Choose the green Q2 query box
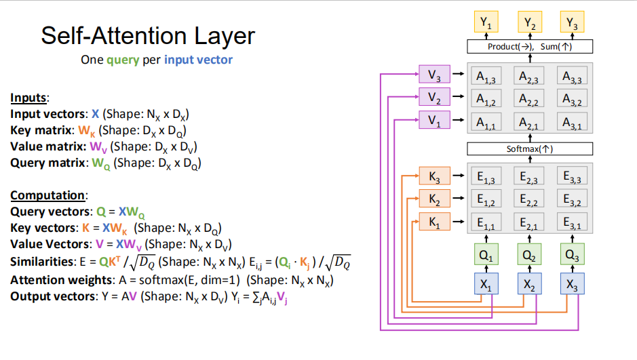[529, 256]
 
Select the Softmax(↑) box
[529, 148]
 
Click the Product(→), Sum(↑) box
[529, 47]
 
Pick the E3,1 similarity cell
[573, 222]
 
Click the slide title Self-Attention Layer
[147, 35]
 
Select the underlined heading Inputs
[30, 98]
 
